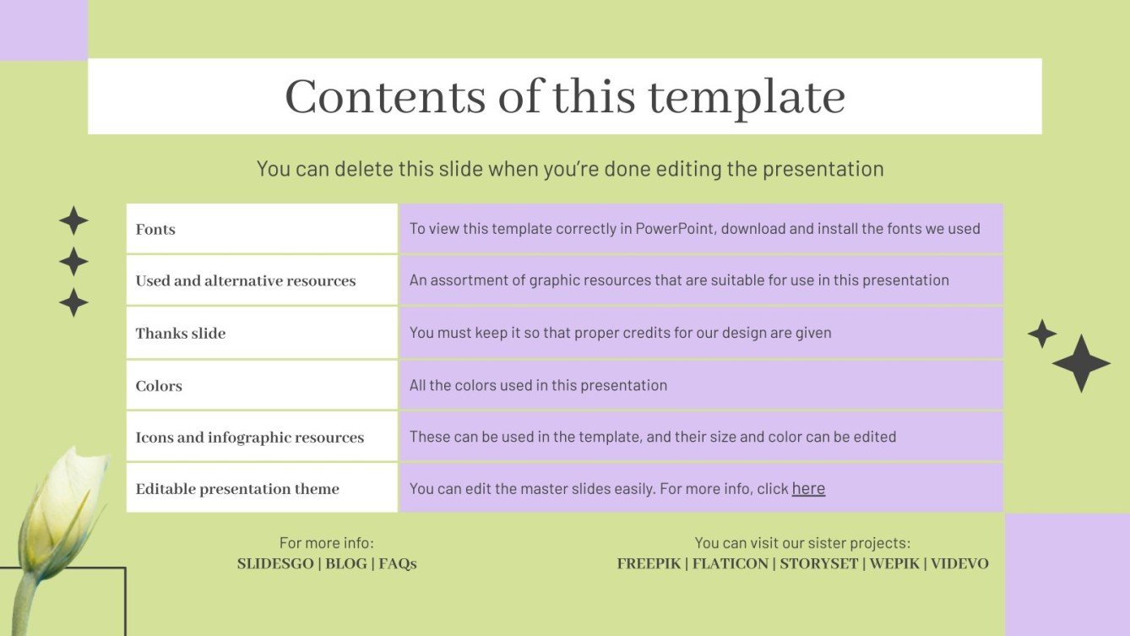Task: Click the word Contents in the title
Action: click(385, 96)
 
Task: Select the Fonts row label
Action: click(155, 230)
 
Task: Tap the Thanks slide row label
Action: click(181, 333)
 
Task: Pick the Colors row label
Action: click(159, 386)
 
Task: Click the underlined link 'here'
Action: click(808, 488)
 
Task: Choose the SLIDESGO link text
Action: click(275, 563)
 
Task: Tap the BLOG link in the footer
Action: click(346, 563)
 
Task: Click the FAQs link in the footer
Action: click(398, 563)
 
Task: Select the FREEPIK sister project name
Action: click(649, 563)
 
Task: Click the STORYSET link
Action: click(818, 563)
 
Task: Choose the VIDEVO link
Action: click(959, 563)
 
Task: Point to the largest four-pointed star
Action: click(1081, 363)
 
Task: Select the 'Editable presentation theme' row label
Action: click(237, 489)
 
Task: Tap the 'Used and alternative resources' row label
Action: click(246, 280)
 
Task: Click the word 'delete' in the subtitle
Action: click(363, 168)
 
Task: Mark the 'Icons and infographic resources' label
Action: click(250, 438)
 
